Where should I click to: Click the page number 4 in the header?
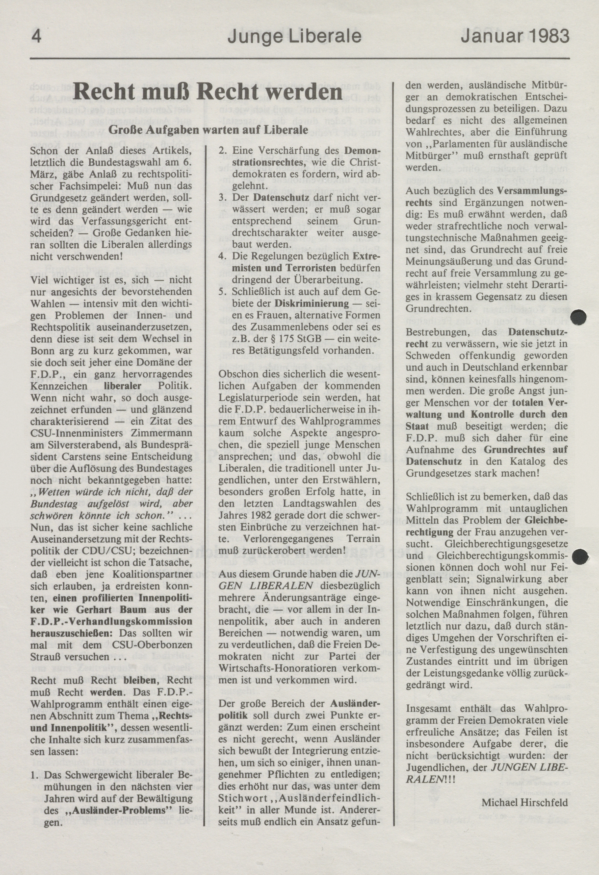tap(36, 36)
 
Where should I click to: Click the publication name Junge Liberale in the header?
tap(294, 36)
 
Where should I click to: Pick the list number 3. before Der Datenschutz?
tap(223, 197)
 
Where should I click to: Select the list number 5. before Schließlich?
tap(223, 292)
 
